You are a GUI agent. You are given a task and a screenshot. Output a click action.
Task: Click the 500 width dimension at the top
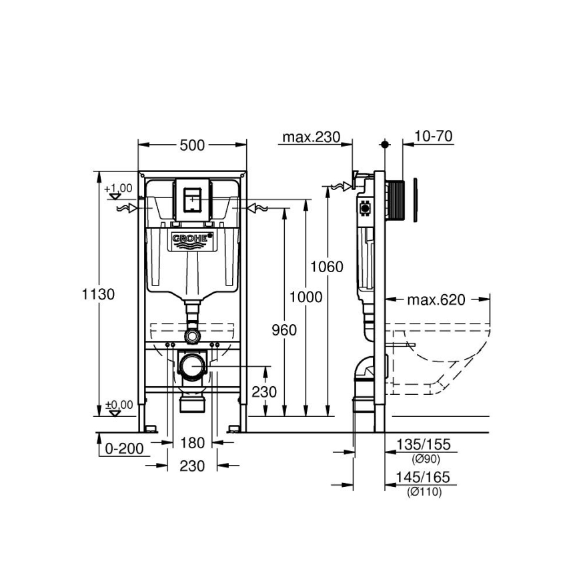coord(192,145)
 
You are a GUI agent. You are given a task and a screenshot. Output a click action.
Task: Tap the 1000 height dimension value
coord(306,297)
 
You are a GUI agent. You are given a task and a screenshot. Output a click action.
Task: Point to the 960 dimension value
coord(284,330)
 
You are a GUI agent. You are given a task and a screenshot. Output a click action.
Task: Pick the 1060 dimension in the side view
coord(328,267)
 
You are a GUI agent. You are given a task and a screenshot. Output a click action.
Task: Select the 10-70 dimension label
coord(433,137)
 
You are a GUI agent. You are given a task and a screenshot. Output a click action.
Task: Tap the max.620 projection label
coord(436,300)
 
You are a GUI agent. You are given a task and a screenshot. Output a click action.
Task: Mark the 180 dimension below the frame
coord(192,443)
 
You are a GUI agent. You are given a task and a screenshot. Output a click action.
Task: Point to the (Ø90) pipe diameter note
coord(426,459)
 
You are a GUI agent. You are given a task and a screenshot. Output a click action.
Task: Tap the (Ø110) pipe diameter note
coord(426,492)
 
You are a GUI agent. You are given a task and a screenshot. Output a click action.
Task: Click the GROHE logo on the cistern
coord(192,238)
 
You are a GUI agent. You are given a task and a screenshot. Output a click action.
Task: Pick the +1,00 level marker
coord(118,189)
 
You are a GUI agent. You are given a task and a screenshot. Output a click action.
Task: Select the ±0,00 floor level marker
coord(118,405)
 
